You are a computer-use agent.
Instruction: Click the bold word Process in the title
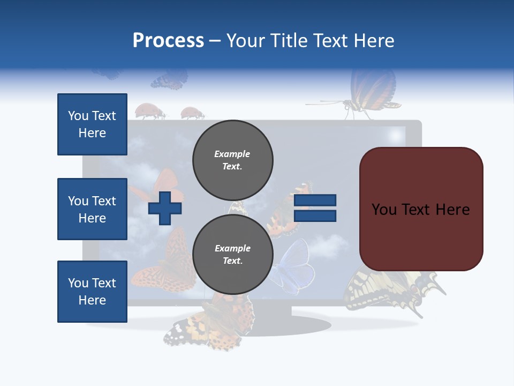click(x=168, y=41)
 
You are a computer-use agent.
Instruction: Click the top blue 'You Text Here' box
click(x=92, y=124)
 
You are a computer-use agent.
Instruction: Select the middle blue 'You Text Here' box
click(x=92, y=209)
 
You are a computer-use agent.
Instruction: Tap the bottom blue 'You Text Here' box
click(x=92, y=292)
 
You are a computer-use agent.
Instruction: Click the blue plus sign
click(x=165, y=208)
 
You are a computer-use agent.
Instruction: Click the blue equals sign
click(x=315, y=208)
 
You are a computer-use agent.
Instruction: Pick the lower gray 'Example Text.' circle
click(x=232, y=254)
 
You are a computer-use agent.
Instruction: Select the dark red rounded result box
click(x=421, y=209)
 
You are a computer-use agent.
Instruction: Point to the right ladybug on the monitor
click(x=191, y=113)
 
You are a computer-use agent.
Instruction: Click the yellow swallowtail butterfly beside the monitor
click(x=391, y=289)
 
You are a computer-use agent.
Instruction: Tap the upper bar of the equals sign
click(x=315, y=201)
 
